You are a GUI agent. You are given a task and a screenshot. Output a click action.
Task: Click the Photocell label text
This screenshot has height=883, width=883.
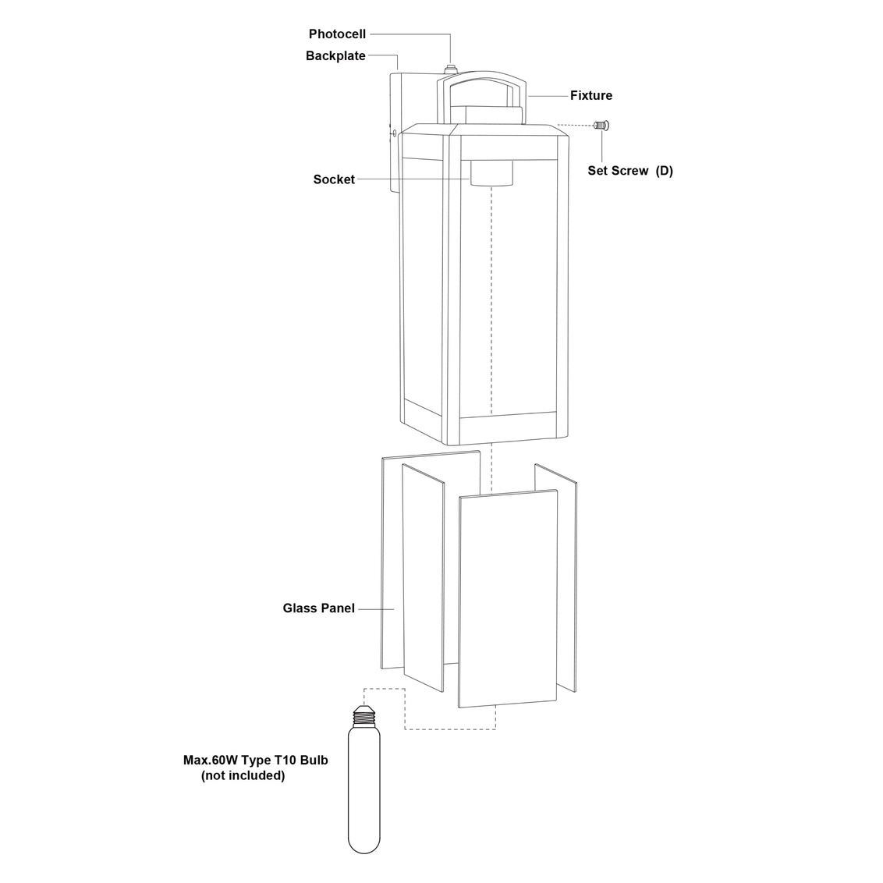pos(337,34)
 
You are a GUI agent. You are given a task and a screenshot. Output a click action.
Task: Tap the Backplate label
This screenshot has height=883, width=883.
pos(335,55)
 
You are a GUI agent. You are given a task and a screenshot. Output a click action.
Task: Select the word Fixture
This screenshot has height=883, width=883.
pos(591,95)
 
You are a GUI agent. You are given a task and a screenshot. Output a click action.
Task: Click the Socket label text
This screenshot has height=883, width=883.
pos(334,179)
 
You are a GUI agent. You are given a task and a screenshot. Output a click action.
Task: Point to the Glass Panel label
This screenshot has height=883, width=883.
pos(319,608)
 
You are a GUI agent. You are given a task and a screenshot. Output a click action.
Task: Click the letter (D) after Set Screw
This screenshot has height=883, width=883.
pos(665,171)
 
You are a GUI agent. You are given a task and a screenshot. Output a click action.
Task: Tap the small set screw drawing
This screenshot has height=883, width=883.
pos(602,125)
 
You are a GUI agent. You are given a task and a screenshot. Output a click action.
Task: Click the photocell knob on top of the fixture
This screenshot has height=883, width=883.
pos(451,69)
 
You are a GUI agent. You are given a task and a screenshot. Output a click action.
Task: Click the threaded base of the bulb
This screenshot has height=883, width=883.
pos(364,716)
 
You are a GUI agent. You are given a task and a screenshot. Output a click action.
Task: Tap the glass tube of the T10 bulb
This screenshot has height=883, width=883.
pos(363,790)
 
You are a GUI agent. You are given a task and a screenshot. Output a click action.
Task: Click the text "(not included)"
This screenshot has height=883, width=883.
pos(243,775)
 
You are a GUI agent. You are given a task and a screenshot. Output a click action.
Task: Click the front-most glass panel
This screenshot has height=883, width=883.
pos(508,598)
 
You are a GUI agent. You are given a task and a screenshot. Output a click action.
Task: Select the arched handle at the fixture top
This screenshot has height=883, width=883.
pos(482,96)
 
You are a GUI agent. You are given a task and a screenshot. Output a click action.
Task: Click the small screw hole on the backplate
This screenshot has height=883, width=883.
pos(394,133)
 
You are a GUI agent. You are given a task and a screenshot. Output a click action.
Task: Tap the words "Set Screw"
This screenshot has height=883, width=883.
pos(618,171)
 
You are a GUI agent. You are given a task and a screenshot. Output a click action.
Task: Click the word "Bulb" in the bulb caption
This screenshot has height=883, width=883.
pos(314,761)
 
